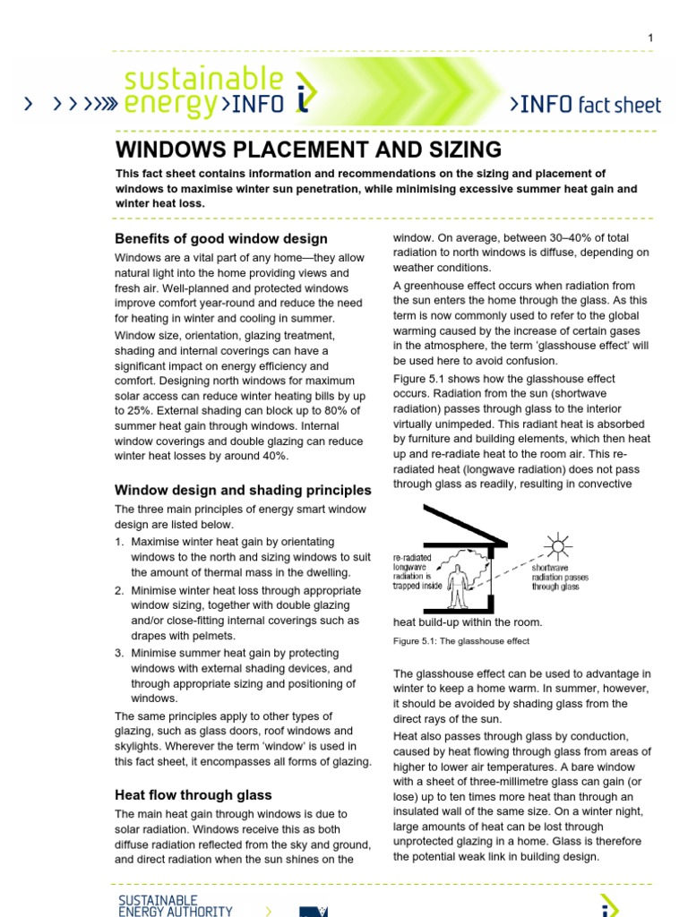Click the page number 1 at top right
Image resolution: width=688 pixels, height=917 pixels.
tap(650, 37)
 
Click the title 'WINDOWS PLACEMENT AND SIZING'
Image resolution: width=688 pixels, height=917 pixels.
tap(308, 149)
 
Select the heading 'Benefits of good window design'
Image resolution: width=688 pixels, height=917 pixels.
tap(221, 239)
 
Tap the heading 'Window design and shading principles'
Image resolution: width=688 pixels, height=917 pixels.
tap(243, 490)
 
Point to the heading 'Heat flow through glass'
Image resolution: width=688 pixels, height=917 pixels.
tap(193, 794)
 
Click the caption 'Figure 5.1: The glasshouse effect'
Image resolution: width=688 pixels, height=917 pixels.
tap(461, 641)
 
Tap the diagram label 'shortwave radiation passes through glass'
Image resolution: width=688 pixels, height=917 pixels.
tap(560, 578)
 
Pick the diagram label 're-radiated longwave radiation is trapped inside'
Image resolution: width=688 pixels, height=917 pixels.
tap(418, 571)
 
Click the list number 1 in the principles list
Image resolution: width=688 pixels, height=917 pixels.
tap(119, 543)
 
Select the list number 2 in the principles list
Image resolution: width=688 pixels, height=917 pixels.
tap(119, 591)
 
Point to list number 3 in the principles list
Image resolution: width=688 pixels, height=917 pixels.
tap(119, 654)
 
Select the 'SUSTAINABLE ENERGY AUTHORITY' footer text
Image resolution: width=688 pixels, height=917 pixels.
tap(176, 905)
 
